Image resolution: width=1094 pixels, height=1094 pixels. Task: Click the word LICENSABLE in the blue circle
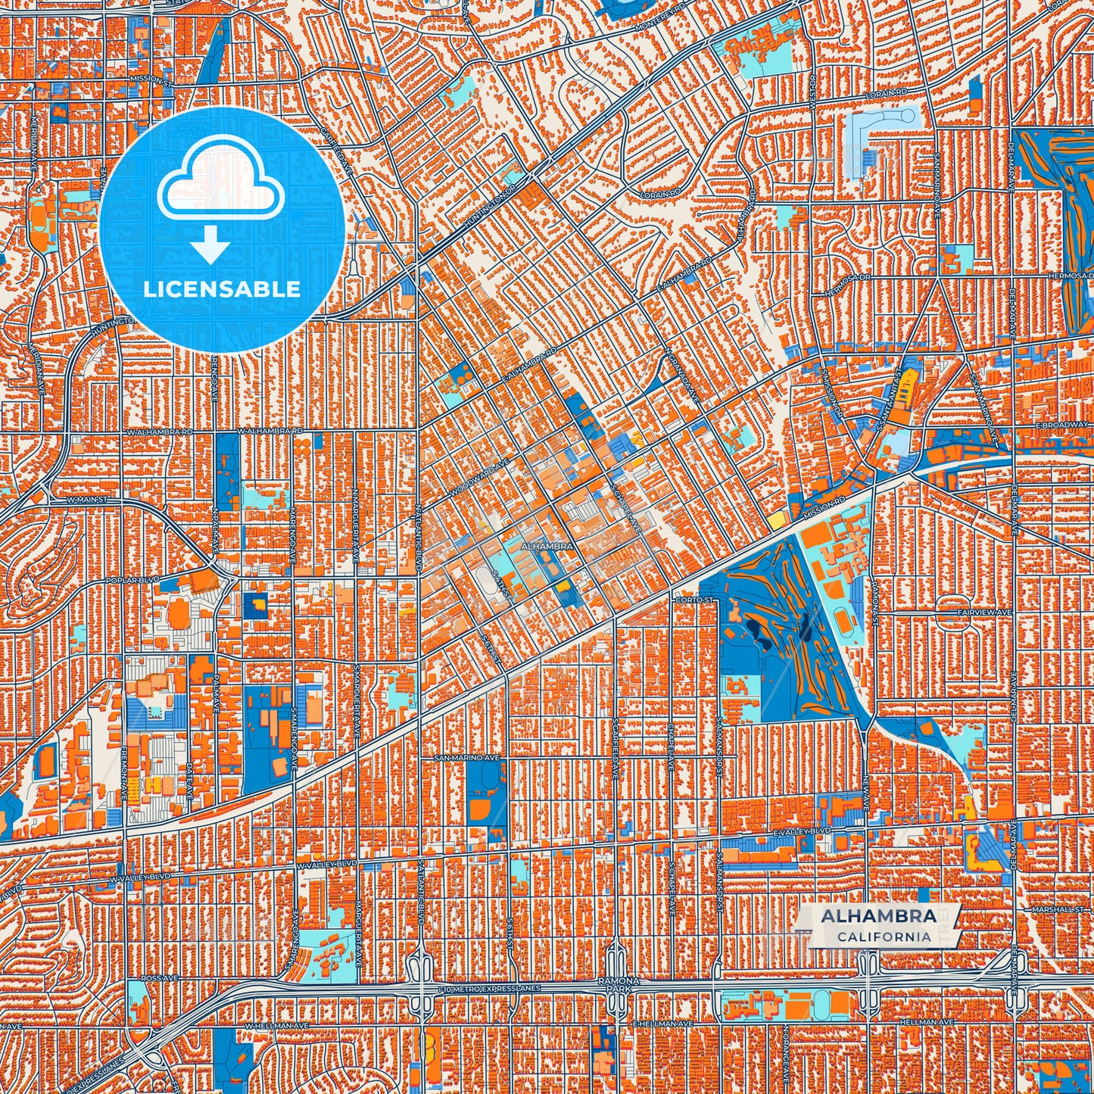(x=222, y=289)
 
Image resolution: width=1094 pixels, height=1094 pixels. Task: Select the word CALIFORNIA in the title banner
(x=884, y=937)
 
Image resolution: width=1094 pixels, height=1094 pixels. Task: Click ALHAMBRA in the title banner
(x=878, y=916)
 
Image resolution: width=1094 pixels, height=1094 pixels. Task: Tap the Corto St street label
(x=693, y=600)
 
